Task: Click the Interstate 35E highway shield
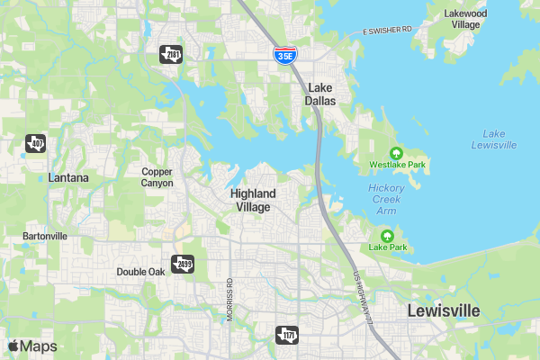(284, 54)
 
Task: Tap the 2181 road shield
(171, 55)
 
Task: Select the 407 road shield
(35, 143)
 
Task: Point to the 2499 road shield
(183, 264)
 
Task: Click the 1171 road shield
(286, 335)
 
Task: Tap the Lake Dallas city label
(320, 94)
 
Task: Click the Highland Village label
(253, 200)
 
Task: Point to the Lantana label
(68, 178)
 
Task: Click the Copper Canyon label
(157, 177)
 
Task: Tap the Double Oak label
(140, 272)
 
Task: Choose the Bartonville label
(45, 237)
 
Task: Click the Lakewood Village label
(466, 19)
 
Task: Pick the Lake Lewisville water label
(493, 139)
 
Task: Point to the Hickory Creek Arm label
(386, 199)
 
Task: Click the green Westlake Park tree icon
(396, 152)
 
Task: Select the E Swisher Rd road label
(388, 31)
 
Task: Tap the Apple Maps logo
(32, 346)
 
